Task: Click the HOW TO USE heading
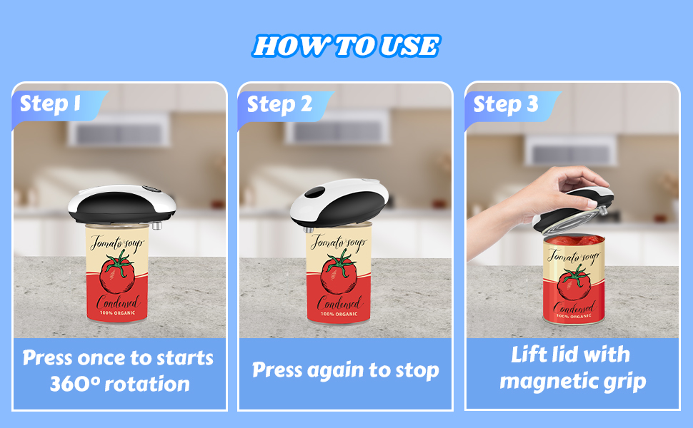point(346,46)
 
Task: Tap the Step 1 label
point(49,104)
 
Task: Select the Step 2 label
point(279,105)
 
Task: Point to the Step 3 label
point(505,105)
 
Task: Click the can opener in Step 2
point(340,201)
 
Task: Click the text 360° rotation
point(119,384)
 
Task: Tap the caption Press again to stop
point(346,371)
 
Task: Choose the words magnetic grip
point(572,381)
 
